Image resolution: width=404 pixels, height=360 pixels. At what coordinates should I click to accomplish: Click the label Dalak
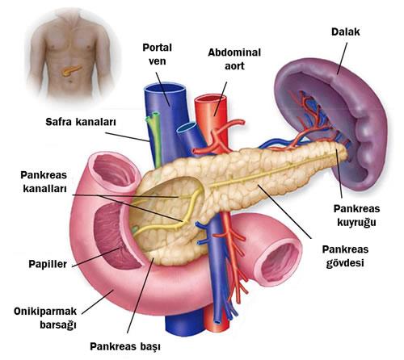coord(346,31)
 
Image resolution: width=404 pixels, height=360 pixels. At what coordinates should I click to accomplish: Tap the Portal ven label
coord(157,54)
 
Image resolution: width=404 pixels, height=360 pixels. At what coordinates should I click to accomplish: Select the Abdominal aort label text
coord(234,59)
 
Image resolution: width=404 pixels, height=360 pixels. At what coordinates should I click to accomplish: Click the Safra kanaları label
coord(81,122)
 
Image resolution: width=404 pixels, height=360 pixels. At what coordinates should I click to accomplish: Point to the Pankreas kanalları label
coord(44,182)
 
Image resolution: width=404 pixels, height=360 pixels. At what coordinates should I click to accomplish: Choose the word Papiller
coord(48,264)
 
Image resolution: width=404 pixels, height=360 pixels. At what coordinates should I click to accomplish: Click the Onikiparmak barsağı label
coord(45,318)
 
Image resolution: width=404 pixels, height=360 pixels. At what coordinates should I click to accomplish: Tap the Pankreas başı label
coord(125,346)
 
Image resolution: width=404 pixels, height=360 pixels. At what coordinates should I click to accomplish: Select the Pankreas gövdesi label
coord(345,256)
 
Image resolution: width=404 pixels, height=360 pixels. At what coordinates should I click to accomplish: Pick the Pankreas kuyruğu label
coord(356,216)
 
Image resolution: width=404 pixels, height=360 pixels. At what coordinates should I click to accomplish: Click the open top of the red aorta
coord(210,99)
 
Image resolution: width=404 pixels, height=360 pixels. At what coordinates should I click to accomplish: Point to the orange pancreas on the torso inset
coord(70,70)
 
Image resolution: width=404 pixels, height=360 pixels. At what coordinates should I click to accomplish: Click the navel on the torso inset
coord(70,81)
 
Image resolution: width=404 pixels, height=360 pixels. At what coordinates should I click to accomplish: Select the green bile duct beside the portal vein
coord(154,137)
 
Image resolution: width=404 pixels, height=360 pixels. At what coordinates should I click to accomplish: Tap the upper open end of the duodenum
coord(115,170)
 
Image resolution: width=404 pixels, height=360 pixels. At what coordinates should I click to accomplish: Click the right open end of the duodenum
coord(277,262)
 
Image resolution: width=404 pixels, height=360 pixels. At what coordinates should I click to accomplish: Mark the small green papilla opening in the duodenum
coord(135,229)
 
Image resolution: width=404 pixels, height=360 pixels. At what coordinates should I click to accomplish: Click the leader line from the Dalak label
coord(342,58)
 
